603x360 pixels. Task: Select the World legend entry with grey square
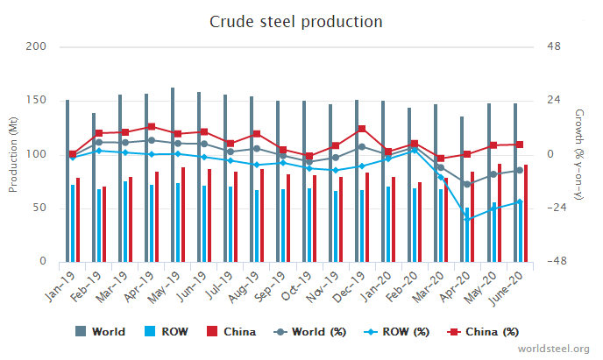(x=100, y=332)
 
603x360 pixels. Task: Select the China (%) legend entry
(x=486, y=332)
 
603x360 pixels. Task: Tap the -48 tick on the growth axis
(x=554, y=262)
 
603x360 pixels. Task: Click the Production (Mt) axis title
(x=13, y=154)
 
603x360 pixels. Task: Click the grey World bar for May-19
(x=173, y=175)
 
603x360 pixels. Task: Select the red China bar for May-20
(x=500, y=213)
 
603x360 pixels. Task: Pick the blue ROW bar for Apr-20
(x=467, y=235)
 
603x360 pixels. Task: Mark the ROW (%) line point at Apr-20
(x=469, y=218)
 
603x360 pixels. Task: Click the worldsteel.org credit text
(x=555, y=348)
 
